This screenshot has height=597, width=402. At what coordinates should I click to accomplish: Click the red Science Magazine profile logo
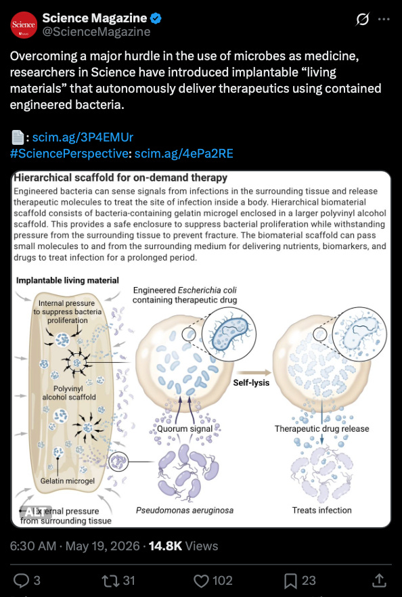tap(24, 25)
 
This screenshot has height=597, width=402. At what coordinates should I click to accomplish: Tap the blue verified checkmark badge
tap(156, 18)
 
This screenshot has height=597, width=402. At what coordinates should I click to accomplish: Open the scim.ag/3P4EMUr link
tap(83, 137)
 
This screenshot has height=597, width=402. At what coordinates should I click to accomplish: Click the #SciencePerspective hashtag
tap(69, 154)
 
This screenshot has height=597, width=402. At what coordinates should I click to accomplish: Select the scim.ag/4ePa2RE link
tap(184, 154)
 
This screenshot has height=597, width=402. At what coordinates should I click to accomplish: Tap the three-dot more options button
tap(384, 19)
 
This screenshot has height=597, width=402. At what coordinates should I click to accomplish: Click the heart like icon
tap(201, 581)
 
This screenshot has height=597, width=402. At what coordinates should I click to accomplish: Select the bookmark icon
tap(291, 581)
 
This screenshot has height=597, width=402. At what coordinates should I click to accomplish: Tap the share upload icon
tap(378, 580)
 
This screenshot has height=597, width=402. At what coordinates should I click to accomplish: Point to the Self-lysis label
tap(251, 382)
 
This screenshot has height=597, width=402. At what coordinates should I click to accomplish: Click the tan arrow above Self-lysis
tap(254, 372)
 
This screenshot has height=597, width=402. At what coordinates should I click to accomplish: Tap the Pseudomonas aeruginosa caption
tap(185, 510)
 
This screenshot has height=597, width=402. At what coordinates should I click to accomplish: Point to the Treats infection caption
tap(321, 510)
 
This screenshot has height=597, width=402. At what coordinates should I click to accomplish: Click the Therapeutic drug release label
tap(321, 428)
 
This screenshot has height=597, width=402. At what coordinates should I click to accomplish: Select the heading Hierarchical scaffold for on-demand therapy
tap(120, 178)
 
